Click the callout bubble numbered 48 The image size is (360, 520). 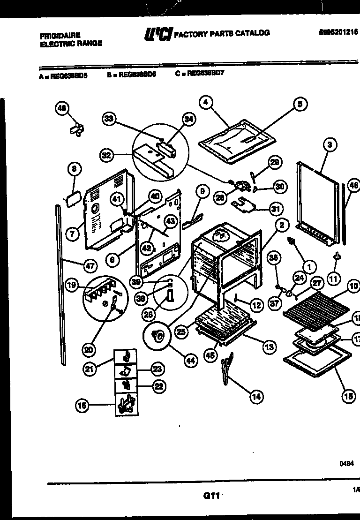tap(61, 109)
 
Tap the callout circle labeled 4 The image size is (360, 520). tap(205, 103)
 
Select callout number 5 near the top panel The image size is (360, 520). tap(300, 104)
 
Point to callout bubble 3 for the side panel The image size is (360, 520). tap(330, 145)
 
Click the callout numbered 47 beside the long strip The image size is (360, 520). tap(90, 266)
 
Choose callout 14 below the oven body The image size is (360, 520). tap(256, 397)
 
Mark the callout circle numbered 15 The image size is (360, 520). tap(348, 396)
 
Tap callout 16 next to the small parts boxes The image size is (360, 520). tap(82, 405)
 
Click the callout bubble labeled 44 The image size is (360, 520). tap(190, 361)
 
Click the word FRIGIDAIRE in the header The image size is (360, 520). tap(60, 36)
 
